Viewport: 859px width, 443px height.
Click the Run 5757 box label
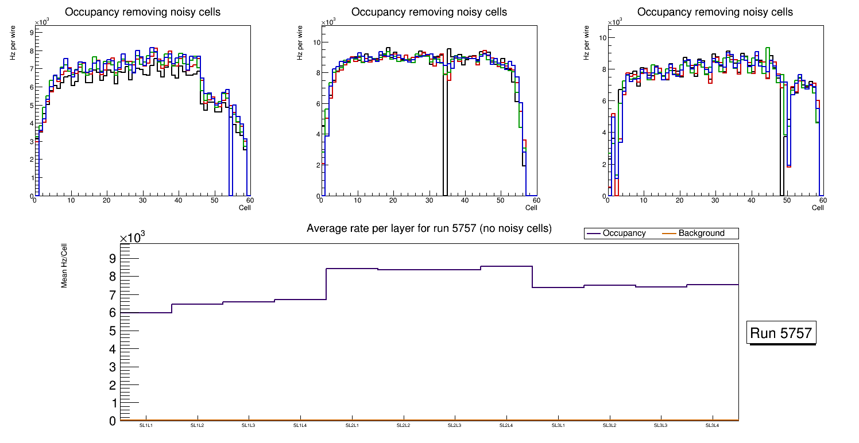781,333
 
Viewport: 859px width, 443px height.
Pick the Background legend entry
701,233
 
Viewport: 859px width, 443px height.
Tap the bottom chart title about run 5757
429,228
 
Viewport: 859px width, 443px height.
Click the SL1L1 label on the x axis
146,425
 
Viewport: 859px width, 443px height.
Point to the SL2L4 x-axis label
506,425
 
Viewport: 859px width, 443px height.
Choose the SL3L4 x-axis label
712,425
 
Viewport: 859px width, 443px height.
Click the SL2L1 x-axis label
352,425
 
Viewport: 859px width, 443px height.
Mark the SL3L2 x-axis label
609,425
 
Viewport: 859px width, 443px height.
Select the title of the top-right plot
715,12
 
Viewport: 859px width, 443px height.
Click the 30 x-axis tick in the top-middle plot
429,200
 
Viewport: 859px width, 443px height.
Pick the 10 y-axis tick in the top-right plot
602,38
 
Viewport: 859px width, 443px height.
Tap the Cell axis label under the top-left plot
245,208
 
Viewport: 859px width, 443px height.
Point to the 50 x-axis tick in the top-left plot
214,200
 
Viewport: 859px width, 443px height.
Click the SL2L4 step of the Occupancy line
506,266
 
